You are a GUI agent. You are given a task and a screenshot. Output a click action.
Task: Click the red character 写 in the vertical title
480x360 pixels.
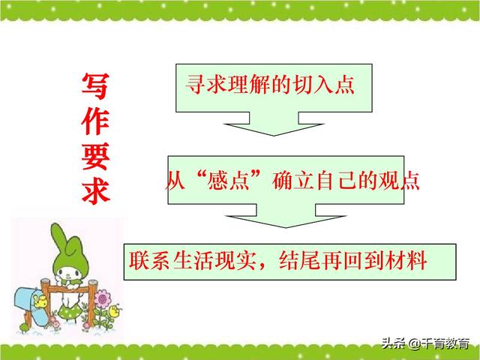(95, 88)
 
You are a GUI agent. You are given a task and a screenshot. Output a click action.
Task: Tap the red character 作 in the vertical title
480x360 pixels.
(95, 122)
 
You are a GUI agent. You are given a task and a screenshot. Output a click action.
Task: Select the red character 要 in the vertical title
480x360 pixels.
(95, 157)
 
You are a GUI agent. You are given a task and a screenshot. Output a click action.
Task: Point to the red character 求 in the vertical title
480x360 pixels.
(95, 190)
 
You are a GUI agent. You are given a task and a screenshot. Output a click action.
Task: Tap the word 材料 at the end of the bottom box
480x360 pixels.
(409, 262)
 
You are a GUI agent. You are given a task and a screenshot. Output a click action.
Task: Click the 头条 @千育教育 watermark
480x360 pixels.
(425, 344)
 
